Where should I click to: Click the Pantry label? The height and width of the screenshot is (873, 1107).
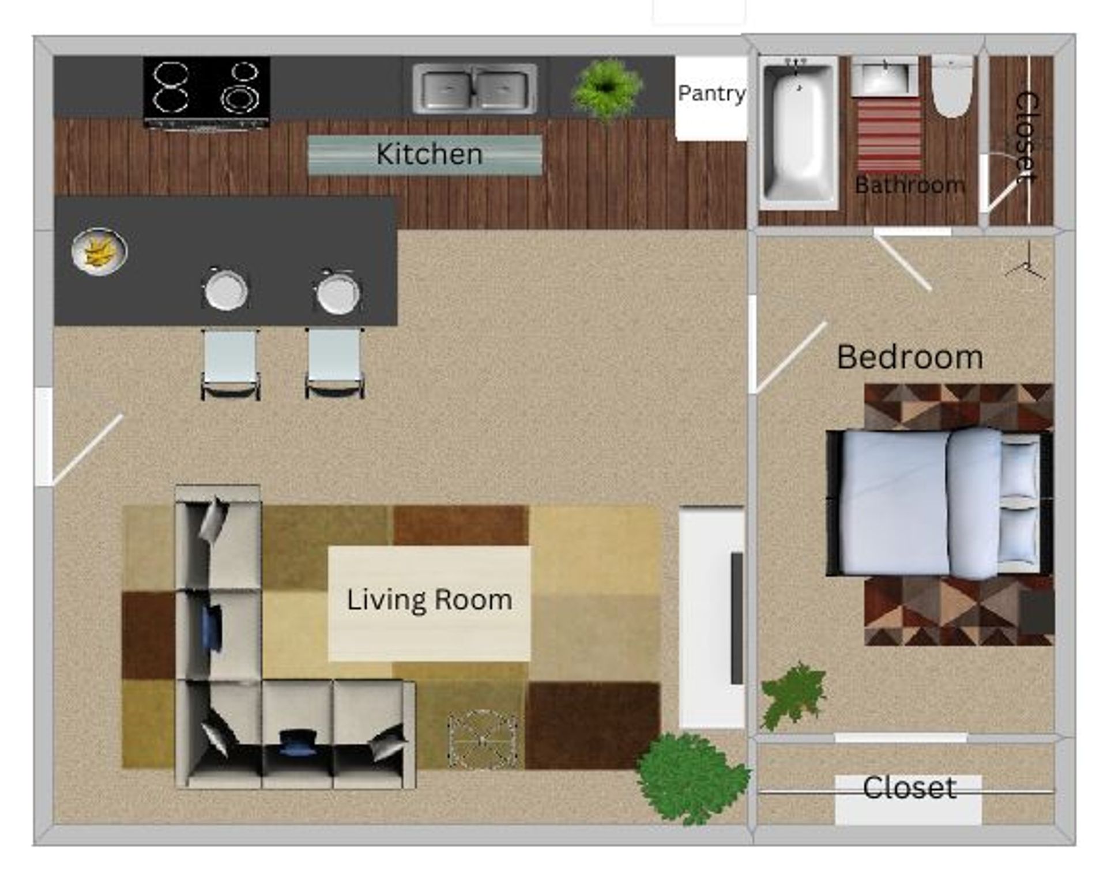coord(711,93)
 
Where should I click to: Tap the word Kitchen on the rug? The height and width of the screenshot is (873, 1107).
coord(430,154)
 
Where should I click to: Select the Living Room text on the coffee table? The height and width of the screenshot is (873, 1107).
coord(430,600)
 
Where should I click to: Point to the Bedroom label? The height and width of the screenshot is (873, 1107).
coord(910,357)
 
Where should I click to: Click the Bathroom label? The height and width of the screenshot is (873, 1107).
coord(909,185)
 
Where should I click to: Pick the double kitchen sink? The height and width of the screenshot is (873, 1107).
coord(475,89)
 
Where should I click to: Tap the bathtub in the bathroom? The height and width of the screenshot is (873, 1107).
coord(799,131)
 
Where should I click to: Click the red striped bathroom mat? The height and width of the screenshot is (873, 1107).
coord(888,135)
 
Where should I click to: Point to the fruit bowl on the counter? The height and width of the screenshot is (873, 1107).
coord(99,251)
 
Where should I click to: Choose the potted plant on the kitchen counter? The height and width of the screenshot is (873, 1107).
coord(605,88)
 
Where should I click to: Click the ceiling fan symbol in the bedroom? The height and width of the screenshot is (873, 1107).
coord(1026,266)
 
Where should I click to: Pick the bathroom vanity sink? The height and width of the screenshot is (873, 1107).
coord(884,77)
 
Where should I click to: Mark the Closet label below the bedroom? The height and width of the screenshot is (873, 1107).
coord(909,788)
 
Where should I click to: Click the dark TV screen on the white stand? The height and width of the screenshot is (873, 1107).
coord(737,618)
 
